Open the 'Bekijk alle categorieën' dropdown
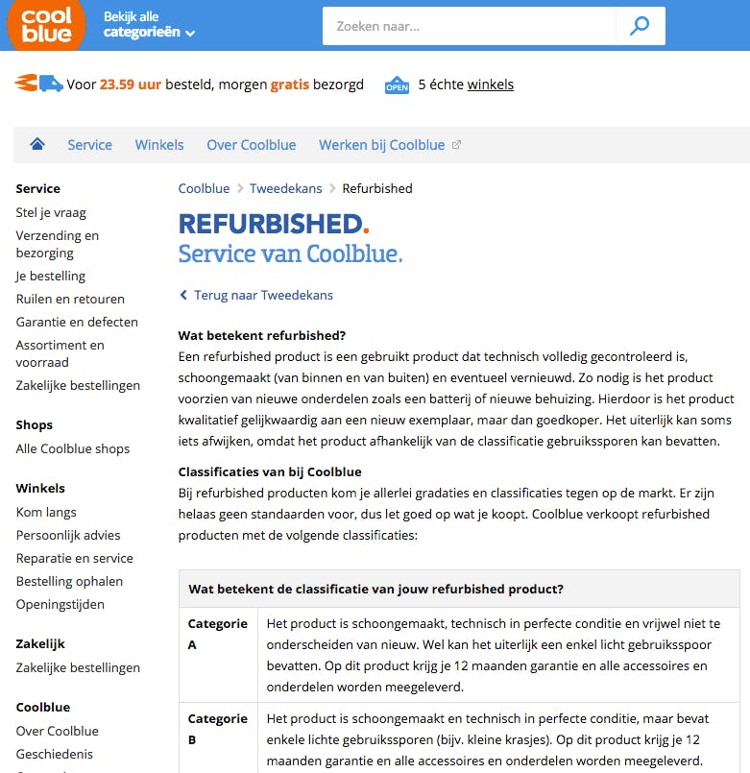[149, 25]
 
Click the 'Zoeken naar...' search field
[468, 26]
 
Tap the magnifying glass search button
[640, 26]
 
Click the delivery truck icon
[38, 84]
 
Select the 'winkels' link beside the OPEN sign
[490, 85]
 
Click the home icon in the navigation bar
[37, 144]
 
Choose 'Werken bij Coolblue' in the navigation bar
[382, 145]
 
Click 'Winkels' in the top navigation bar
[159, 145]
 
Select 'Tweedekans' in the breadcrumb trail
[285, 188]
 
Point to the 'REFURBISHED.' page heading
[274, 224]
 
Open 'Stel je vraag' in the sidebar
[51, 212]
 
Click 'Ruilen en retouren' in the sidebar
[70, 299]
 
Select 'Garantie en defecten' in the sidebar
[77, 322]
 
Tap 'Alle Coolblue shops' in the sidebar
[73, 448]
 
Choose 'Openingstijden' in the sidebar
[60, 604]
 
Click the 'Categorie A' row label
[217, 634]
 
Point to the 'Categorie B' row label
[217, 729]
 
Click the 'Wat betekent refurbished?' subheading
[262, 335]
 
